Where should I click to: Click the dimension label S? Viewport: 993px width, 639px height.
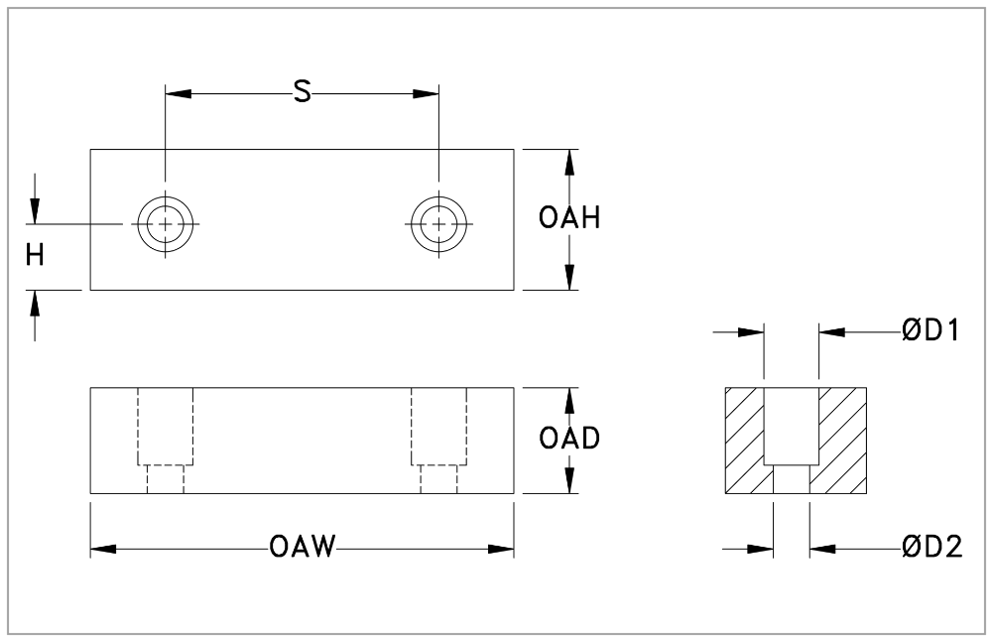[x=303, y=93]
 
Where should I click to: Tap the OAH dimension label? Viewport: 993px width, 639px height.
[x=570, y=219]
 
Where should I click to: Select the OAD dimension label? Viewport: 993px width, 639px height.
[x=570, y=439]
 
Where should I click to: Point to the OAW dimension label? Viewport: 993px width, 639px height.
[x=302, y=547]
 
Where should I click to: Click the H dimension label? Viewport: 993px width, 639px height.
[x=35, y=257]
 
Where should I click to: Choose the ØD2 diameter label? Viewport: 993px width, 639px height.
[x=931, y=547]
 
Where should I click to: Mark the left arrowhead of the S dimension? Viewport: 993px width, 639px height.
[x=178, y=94]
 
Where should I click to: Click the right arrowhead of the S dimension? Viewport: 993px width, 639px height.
[x=427, y=94]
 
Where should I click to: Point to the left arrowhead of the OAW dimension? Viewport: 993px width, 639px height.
[x=103, y=547]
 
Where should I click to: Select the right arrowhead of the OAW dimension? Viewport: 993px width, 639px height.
[x=502, y=547]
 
